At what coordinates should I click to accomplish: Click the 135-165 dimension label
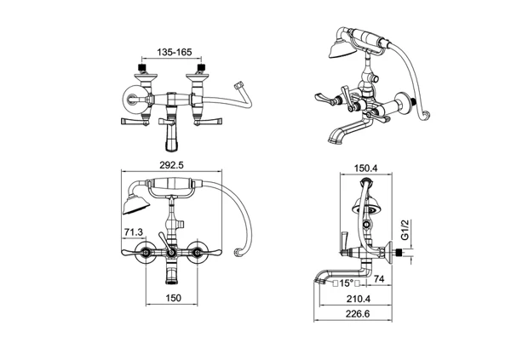coord(175,52)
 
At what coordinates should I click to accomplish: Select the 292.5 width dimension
coord(171,165)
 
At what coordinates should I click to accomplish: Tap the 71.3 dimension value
coord(134,232)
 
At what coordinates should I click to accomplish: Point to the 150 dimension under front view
coord(174,298)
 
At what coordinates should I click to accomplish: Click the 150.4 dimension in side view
coord(366,169)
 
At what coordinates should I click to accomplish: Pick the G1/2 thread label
coord(405,230)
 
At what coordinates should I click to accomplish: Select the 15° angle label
coord(347,283)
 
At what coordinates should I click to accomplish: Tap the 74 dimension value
coord(379,279)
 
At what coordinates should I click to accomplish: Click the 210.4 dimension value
coord(359,299)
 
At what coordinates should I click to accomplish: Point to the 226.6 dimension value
coord(358,314)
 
